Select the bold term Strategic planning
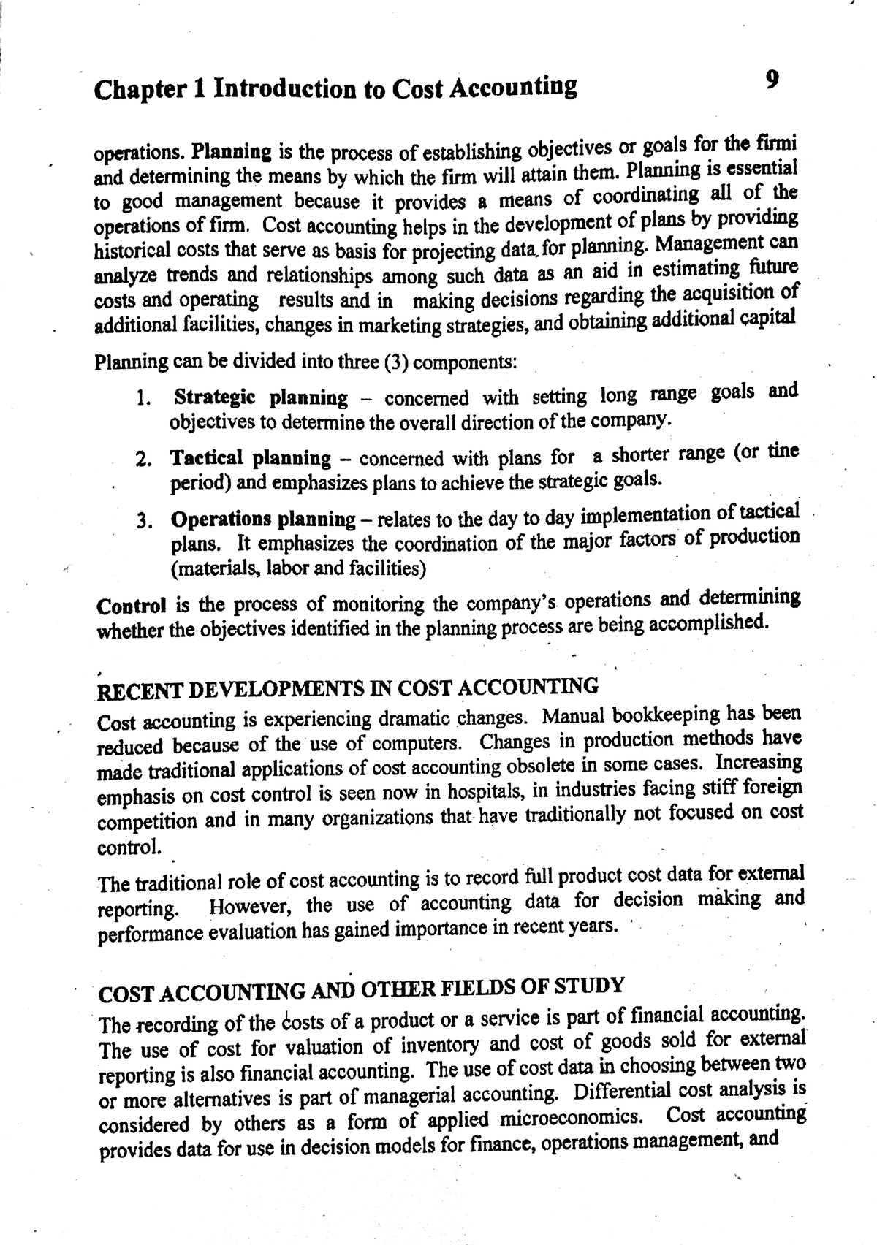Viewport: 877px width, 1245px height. tap(261, 398)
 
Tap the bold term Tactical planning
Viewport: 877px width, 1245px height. tap(251, 459)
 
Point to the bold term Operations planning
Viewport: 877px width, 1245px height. tap(263, 519)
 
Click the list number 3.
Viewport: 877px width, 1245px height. tap(143, 521)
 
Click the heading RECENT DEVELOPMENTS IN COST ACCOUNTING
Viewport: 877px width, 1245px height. tap(348, 688)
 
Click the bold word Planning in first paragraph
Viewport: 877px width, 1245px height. tap(232, 153)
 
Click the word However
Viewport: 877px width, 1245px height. tap(251, 907)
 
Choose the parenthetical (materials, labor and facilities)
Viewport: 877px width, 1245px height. tap(298, 568)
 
